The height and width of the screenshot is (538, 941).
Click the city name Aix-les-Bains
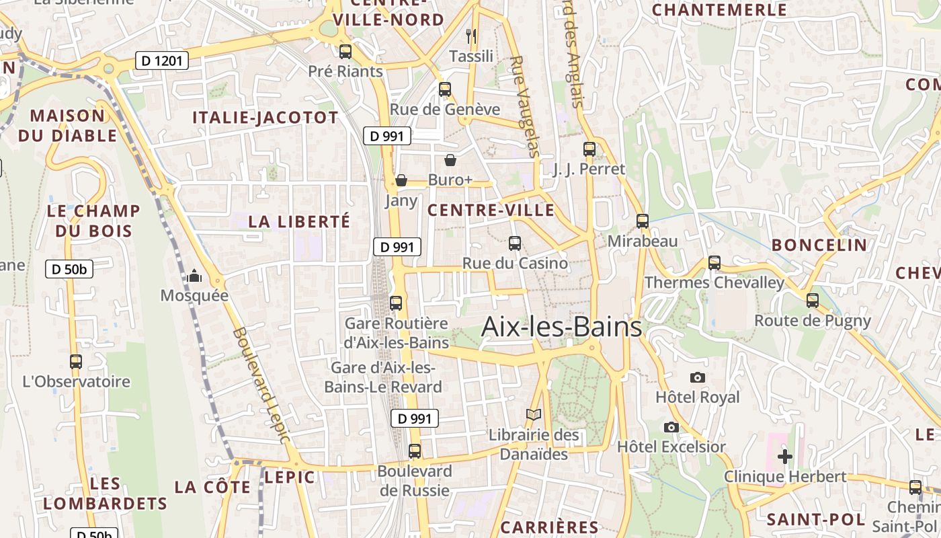[562, 328]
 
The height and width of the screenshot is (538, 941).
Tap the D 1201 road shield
[161, 61]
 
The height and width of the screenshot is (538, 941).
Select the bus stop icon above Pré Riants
[345, 51]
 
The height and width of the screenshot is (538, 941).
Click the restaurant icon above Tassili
[471, 36]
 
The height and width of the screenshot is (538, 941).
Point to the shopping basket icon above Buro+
[450, 160]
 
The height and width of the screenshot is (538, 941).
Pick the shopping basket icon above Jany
[401, 180]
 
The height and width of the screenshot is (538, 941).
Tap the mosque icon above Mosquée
[194, 276]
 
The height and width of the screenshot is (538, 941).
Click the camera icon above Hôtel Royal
[698, 377]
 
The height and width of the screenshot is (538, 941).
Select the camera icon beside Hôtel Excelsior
[671, 427]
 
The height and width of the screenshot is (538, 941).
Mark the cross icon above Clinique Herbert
[784, 457]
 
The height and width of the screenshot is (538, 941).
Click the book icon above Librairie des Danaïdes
[534, 415]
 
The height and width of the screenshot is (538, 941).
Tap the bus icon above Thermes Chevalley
[714, 263]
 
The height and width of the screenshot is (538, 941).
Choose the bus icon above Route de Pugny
[813, 301]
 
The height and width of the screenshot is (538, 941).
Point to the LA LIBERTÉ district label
[299, 221]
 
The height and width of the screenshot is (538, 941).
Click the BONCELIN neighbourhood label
[819, 245]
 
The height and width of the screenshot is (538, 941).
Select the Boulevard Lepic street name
[261, 385]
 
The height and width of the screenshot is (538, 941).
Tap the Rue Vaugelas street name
[525, 106]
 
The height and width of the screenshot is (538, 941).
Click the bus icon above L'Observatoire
[76, 362]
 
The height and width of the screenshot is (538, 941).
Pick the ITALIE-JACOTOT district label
[265, 118]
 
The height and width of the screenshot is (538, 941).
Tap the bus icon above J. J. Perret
[589, 149]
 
